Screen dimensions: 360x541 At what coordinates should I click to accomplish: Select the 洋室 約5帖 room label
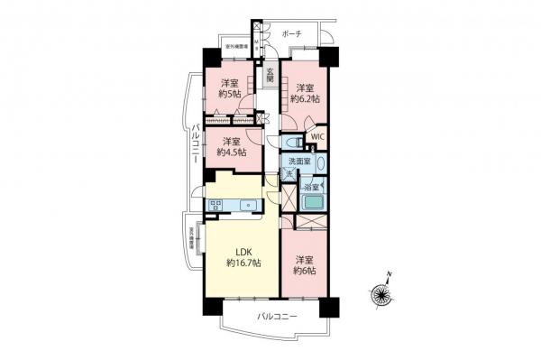click(x=229, y=93)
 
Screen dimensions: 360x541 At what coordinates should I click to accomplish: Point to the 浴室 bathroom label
click(x=308, y=188)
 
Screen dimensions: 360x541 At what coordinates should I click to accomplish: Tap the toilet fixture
click(x=291, y=143)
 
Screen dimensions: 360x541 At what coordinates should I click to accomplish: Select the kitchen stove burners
click(x=216, y=206)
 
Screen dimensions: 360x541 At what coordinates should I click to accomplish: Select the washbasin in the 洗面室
click(x=321, y=165)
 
